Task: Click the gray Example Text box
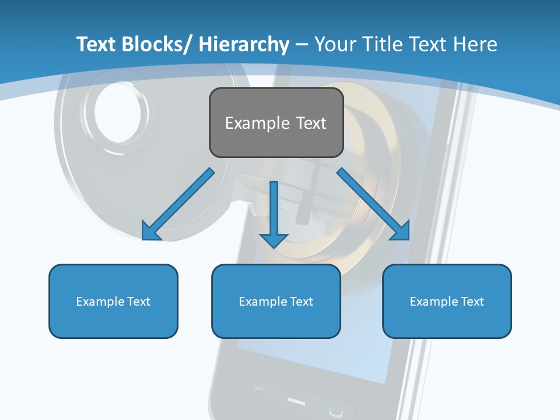tap(276, 123)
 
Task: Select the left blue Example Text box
tap(113, 301)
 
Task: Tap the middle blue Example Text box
tap(276, 301)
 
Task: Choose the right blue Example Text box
tap(447, 301)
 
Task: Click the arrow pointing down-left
tap(178, 204)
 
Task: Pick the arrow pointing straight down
tap(274, 213)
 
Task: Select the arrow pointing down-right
tap(373, 204)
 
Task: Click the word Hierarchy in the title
tap(244, 44)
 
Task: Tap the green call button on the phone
tap(335, 411)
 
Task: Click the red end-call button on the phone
tap(261, 392)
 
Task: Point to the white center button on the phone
tap(296, 401)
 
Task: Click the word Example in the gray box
tap(249, 123)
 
